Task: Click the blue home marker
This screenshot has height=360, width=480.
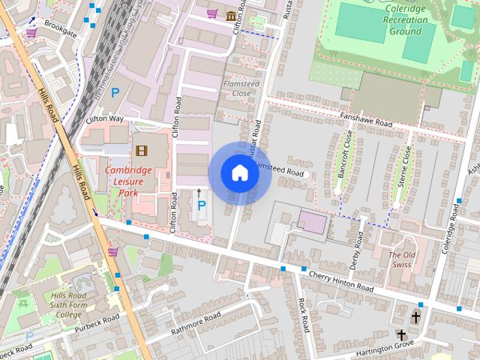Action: tap(239, 173)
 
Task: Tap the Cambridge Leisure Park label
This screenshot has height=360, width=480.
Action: tap(128, 181)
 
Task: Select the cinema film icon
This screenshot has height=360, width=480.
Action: tap(140, 150)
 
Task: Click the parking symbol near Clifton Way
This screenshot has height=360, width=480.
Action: tap(115, 93)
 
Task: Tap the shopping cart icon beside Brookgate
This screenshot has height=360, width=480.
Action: tap(31, 32)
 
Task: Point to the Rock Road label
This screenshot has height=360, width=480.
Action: tap(303, 315)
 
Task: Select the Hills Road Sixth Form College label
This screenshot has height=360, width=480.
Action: tap(68, 304)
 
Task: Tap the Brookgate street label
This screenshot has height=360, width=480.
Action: tap(59, 25)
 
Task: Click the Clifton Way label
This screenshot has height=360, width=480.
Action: tap(104, 118)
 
